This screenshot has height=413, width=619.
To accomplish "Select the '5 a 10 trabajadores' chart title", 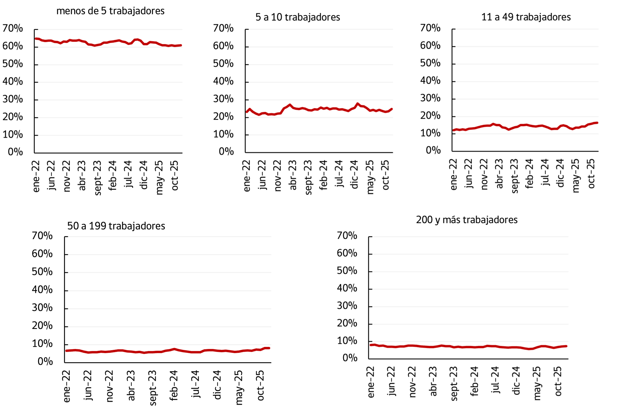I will tap(298, 17).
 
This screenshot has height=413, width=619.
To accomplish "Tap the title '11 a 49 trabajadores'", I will tap(526, 17).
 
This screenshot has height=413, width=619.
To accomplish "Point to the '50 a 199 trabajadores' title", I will tap(116, 226).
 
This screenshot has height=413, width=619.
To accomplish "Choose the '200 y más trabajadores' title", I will tap(467, 220).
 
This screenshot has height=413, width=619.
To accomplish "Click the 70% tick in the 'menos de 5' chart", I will tap(13, 28).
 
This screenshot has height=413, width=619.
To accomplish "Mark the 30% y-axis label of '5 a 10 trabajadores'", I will tap(223, 99).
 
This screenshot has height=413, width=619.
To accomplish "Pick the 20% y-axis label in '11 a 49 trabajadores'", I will tap(430, 116).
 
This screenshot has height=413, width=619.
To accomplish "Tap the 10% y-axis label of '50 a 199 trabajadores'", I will tap(42, 344).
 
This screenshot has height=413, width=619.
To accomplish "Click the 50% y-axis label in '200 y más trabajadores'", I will tap(347, 271).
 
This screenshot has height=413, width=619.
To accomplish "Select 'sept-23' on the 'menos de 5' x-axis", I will tap(97, 178).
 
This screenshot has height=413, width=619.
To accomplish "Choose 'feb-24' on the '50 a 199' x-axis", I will tap(174, 385).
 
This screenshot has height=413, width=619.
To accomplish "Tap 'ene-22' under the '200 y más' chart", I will tap(371, 382).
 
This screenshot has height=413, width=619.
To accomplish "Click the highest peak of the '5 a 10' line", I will tap(357, 104).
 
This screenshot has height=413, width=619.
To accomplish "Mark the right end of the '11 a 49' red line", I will tap(597, 123).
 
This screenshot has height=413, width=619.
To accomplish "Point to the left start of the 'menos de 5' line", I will tap(36, 39).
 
